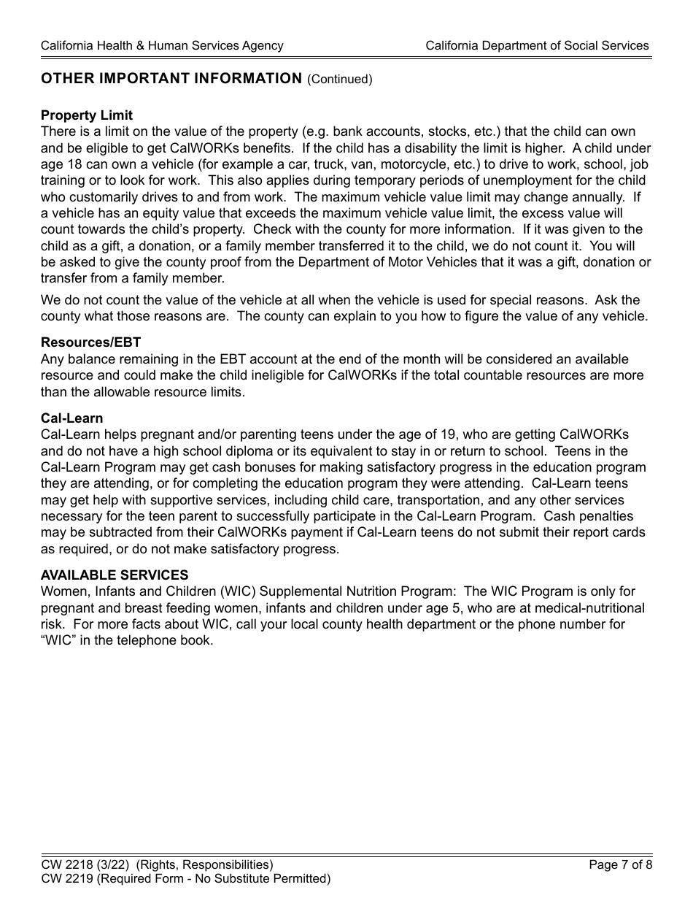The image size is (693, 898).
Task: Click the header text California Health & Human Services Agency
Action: pos(162,46)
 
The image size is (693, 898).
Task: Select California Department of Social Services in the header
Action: pos(537,46)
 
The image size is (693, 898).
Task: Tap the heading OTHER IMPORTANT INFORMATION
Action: pos(171,79)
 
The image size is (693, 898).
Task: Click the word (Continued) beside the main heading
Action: pos(340,80)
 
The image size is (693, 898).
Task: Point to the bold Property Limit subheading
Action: pos(87,115)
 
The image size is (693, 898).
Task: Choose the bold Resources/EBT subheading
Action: pos(91,342)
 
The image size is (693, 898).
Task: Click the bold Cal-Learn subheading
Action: pos(71,418)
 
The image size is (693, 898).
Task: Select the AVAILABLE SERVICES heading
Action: pos(115,575)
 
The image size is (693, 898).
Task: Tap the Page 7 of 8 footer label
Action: pos(620,865)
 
